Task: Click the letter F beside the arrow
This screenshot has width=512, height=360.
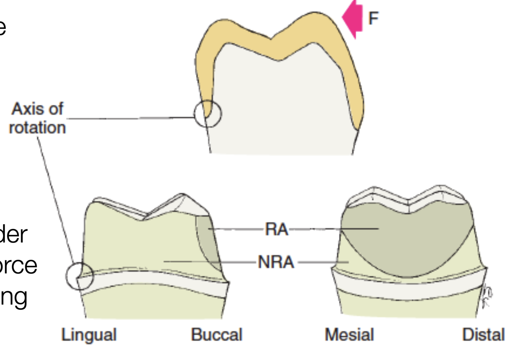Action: pyautogui.click(x=374, y=18)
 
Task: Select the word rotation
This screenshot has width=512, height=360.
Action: pyautogui.click(x=37, y=128)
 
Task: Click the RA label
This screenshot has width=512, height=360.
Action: pyautogui.click(x=276, y=229)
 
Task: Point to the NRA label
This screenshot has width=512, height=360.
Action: pyautogui.click(x=276, y=262)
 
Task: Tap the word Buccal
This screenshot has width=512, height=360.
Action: pyautogui.click(x=217, y=335)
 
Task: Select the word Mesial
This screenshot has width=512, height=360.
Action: pyautogui.click(x=349, y=335)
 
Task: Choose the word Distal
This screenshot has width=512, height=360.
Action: pyautogui.click(x=483, y=335)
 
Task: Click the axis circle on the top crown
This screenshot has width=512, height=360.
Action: pyautogui.click(x=208, y=114)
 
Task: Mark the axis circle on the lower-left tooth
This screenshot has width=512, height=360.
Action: pyautogui.click(x=80, y=276)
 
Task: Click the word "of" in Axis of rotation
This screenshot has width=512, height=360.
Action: pyautogui.click(x=56, y=109)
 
